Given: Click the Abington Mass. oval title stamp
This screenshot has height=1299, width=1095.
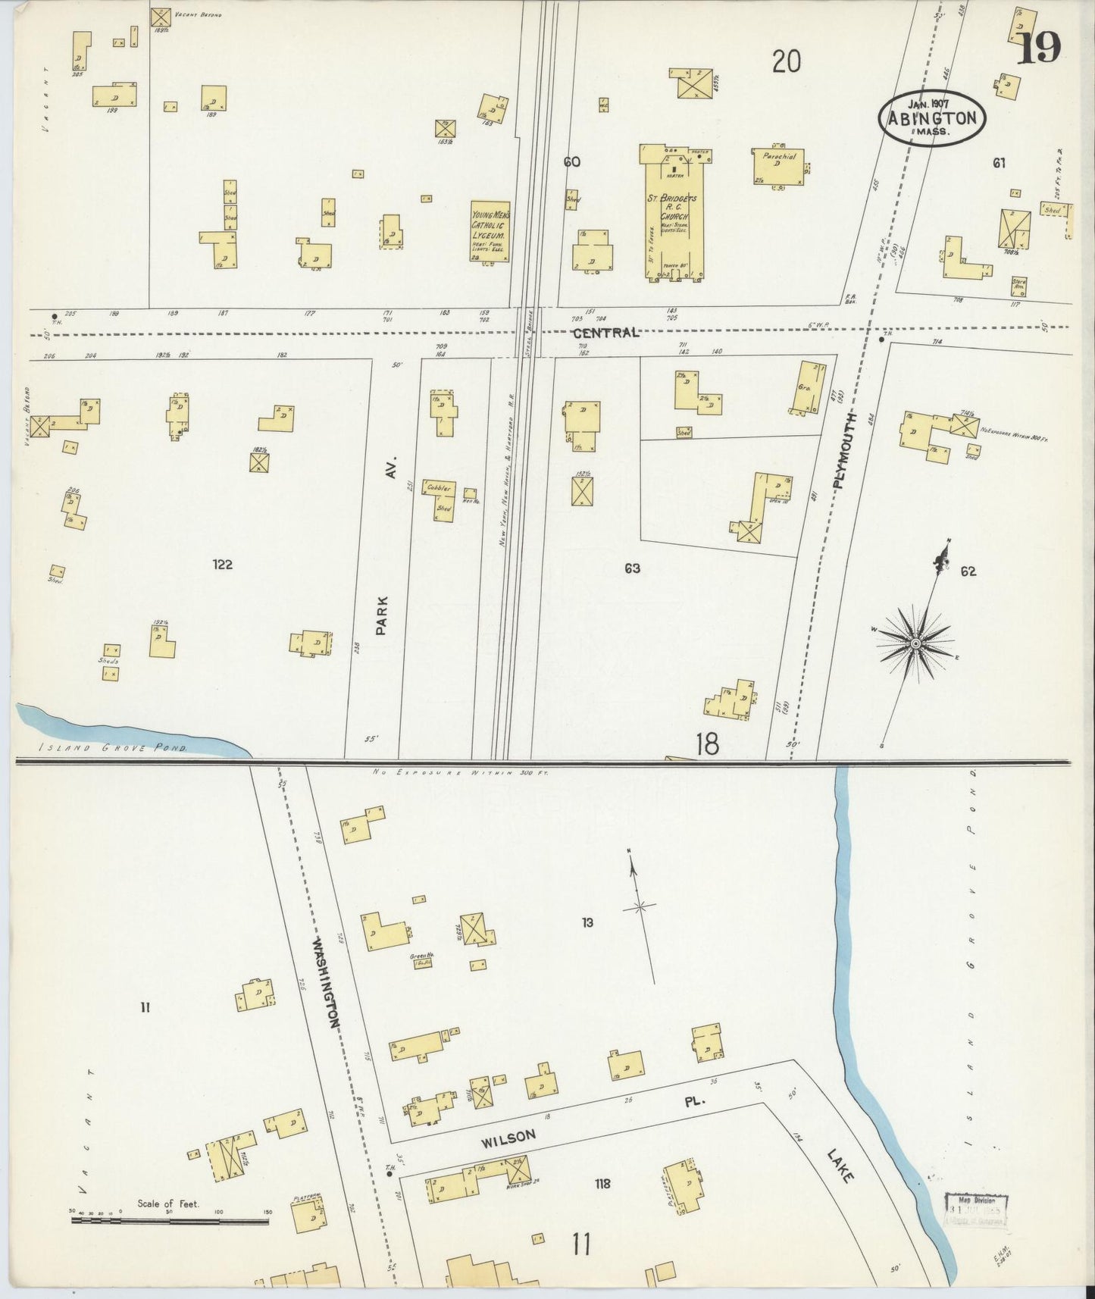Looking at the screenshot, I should point(933,117).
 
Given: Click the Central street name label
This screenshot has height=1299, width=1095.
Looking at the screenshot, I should point(605,333).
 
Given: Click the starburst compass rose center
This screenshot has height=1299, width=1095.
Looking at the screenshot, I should point(915,643).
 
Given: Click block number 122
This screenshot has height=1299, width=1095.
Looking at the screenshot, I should point(222,565).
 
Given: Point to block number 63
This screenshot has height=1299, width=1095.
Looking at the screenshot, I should point(632,568).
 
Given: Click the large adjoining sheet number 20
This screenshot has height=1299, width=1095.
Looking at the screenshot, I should point(787,61).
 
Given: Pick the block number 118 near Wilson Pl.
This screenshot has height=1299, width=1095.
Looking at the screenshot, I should point(603,1184).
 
